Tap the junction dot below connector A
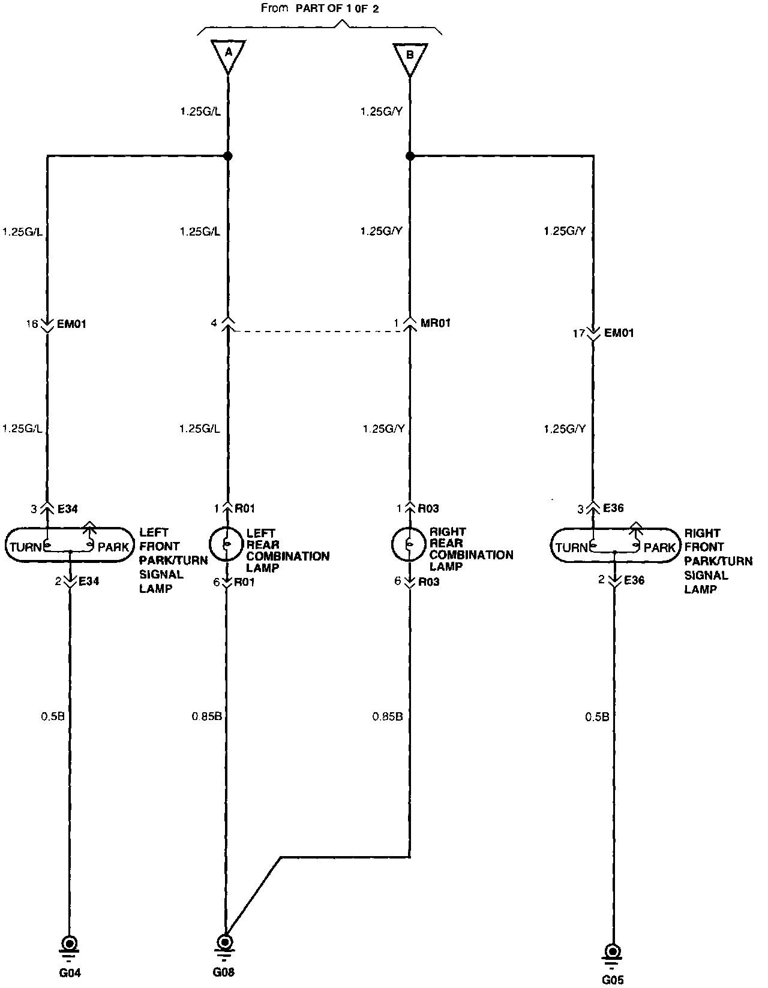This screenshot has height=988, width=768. (228, 156)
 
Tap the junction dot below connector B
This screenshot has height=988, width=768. (410, 156)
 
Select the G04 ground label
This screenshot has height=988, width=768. (70, 973)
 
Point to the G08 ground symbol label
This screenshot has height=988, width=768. (224, 972)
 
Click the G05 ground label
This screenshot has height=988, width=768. (613, 980)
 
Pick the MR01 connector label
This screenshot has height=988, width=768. (436, 323)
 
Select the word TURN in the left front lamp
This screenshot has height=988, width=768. (26, 547)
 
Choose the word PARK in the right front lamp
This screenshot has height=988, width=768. (659, 547)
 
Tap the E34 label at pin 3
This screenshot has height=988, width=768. (68, 509)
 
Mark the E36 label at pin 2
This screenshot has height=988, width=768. (634, 580)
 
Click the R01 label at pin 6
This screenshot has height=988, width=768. (245, 582)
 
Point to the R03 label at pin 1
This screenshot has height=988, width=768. (428, 509)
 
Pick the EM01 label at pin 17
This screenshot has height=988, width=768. (619, 333)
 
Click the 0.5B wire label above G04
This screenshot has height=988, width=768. (53, 716)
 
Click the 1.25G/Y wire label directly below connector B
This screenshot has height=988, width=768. (381, 111)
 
